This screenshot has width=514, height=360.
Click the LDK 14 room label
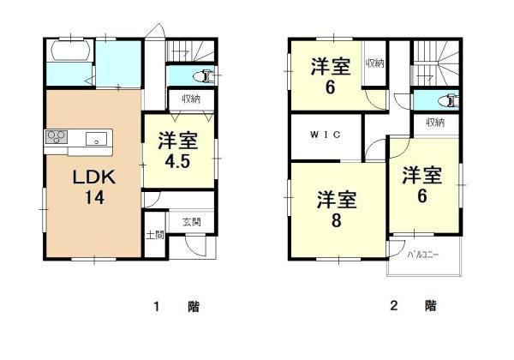point(93,187)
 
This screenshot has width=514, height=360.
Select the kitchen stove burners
point(57,137)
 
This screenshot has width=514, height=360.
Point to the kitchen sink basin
point(96,139)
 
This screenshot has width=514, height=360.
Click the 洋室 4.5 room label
point(178,150)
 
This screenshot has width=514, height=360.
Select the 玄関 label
point(191,222)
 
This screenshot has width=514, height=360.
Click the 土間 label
point(155,235)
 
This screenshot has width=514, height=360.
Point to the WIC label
point(326,135)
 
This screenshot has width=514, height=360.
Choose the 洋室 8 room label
point(337,209)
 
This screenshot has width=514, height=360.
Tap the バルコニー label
point(423,255)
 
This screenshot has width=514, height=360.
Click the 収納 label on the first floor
point(191,99)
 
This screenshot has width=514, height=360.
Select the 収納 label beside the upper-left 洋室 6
point(375,63)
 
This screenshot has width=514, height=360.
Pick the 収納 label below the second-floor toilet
point(435,123)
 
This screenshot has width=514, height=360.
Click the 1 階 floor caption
point(176,307)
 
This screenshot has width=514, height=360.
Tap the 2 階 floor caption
point(414,306)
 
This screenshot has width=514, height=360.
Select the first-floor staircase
point(190,51)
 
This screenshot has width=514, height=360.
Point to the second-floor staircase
point(436,63)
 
